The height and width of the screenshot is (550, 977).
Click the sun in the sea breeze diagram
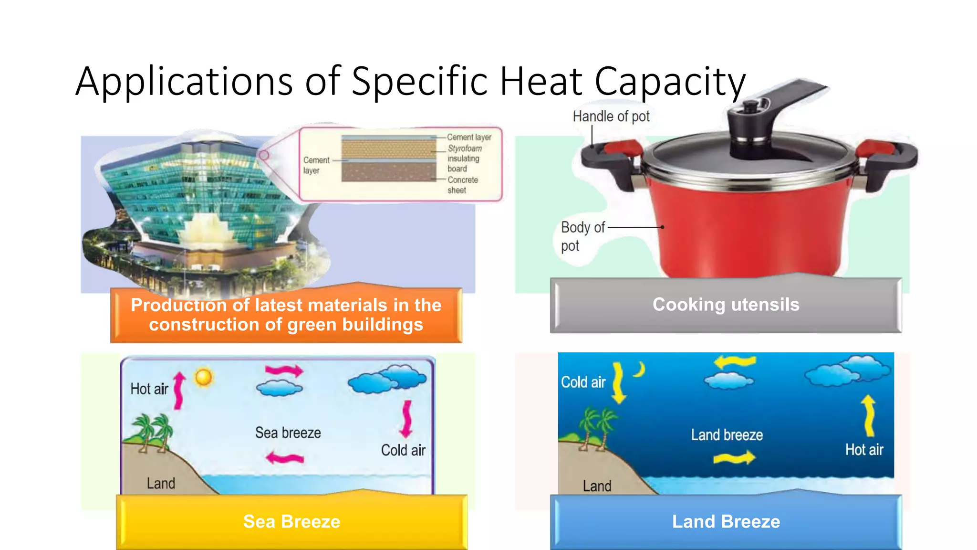pos(204,377)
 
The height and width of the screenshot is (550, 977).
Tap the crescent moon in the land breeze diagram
pos(640,369)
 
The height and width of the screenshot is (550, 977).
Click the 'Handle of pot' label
pos(611,116)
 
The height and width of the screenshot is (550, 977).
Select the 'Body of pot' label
pos(582,236)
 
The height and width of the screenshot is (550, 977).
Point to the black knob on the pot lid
pos(752,106)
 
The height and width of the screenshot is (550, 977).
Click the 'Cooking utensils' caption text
pos(726,305)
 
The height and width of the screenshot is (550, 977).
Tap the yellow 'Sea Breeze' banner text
pos(291,521)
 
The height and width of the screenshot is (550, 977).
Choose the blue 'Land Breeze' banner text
pos(726,521)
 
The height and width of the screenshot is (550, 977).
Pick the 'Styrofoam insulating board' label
pos(464,159)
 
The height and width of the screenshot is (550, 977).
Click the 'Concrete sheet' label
pos(462,185)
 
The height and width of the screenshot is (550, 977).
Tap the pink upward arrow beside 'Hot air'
pos(179,391)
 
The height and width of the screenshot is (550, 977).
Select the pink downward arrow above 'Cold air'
pos(406,418)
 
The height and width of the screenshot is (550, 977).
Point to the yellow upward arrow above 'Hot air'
pos(869,415)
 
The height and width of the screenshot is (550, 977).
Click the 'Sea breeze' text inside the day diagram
pos(288,433)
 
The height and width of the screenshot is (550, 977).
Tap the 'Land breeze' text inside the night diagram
pos(727,435)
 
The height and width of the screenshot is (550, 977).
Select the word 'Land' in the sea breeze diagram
pos(161,484)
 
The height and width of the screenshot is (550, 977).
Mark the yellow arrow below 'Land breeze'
pos(734,458)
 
